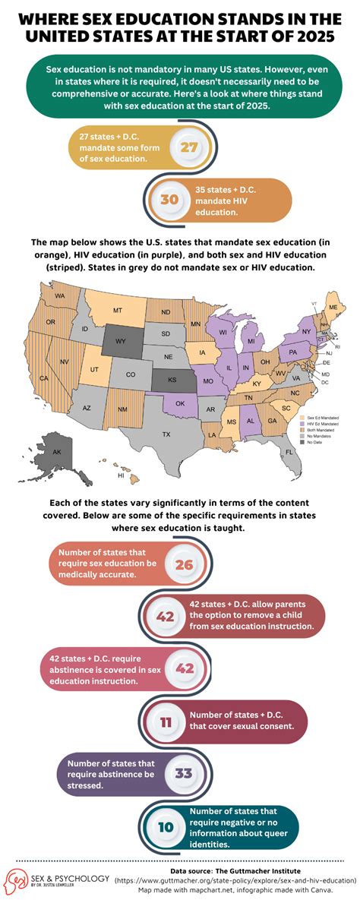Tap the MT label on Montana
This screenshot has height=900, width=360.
pos(118,311)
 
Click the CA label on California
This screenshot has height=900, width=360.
pos(44,377)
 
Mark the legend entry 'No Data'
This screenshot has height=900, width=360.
pos(313,442)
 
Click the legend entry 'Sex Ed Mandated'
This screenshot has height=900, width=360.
pos(317,417)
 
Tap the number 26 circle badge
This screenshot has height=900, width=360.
pos(185,564)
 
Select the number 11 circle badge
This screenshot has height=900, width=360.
pos(166,722)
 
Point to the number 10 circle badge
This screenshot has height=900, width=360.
pos(166,826)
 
